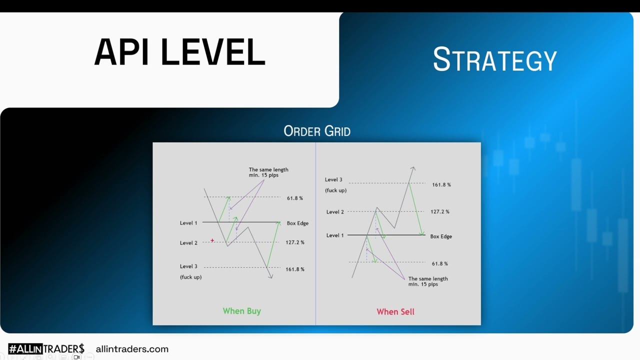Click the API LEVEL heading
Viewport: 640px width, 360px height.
(x=179, y=52)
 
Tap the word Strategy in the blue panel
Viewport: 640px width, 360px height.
(x=495, y=59)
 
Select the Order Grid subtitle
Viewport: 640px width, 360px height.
(x=317, y=131)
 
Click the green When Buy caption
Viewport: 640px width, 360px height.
(x=241, y=311)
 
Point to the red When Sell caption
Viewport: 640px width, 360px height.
(x=395, y=311)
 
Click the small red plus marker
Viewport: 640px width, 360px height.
(x=212, y=240)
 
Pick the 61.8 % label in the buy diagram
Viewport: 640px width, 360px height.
(x=295, y=198)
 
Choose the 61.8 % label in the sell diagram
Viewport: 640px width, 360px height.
(x=439, y=263)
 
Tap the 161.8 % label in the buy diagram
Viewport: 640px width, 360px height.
(x=295, y=269)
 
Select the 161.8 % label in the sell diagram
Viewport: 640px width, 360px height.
(x=441, y=185)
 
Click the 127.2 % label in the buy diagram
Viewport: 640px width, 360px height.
(x=295, y=242)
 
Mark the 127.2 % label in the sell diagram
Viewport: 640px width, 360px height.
(x=439, y=211)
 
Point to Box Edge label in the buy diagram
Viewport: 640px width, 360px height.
(x=297, y=223)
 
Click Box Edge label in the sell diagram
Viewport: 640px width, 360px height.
(x=441, y=236)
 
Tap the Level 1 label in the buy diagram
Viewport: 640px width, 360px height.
(x=188, y=223)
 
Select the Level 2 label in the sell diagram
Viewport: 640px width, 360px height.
(x=335, y=211)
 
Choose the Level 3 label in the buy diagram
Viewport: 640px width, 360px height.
(x=188, y=266)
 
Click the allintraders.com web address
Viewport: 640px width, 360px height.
(x=132, y=349)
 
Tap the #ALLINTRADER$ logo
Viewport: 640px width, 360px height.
(x=46, y=349)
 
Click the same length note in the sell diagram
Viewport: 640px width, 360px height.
(x=428, y=281)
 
